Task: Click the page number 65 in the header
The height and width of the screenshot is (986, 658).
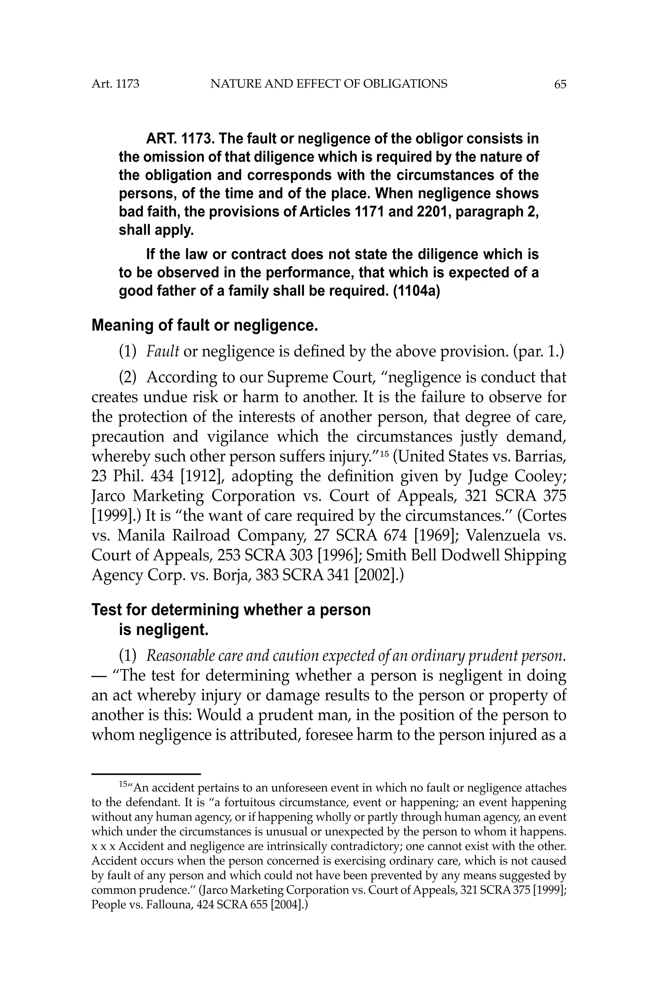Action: click(560, 84)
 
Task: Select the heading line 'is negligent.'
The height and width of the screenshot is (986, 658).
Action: click(163, 629)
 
